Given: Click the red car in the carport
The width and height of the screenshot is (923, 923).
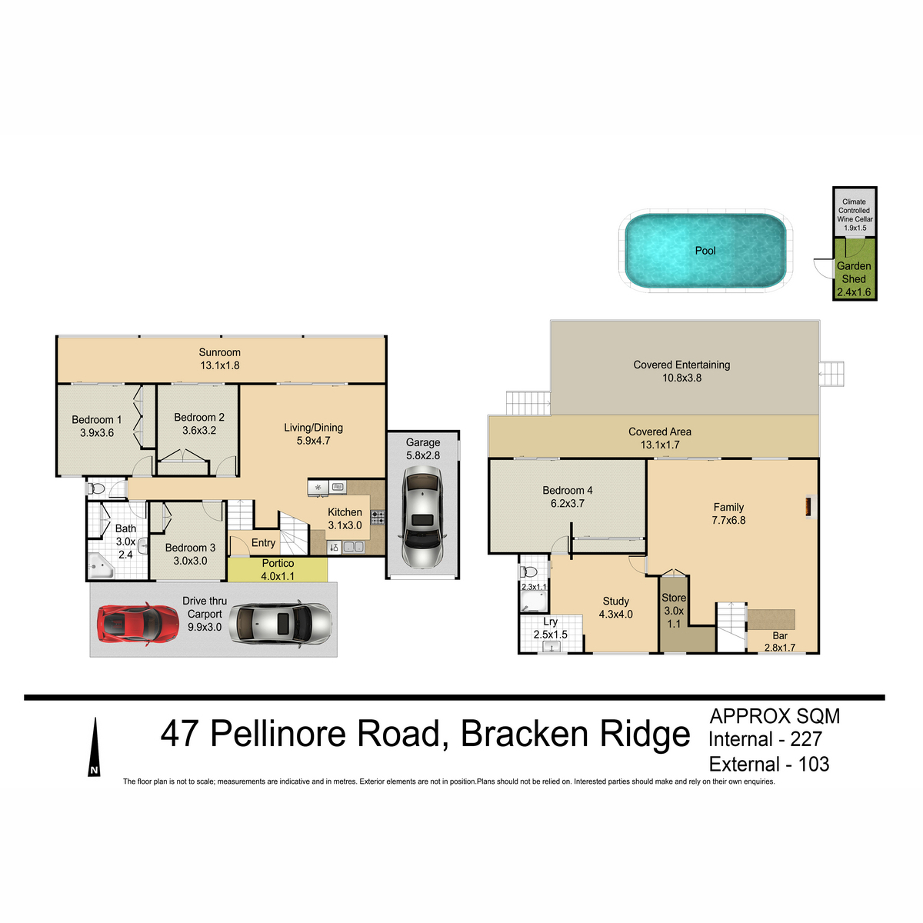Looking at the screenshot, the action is coord(138,623).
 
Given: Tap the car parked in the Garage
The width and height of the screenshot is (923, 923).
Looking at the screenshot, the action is coord(422,516).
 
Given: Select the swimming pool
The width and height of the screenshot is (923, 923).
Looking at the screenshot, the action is coord(705,251).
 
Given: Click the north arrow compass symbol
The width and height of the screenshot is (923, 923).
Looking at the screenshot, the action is coord(95,746).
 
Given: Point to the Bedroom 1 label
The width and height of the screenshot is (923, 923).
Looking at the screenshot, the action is coord(96,420).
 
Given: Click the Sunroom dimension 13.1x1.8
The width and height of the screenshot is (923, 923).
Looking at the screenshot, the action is coord(219,365).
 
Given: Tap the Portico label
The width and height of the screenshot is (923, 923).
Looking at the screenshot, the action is coord(278,563).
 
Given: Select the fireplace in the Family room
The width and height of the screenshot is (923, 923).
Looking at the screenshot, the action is coord(809,507).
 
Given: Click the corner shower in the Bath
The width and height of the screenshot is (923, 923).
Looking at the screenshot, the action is coord(101,566).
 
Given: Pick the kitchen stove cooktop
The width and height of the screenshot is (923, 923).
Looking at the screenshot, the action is coord(378,518).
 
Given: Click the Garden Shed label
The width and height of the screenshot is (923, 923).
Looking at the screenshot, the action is coord(854,272).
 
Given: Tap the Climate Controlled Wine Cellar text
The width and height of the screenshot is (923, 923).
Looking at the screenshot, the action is coord(855,210).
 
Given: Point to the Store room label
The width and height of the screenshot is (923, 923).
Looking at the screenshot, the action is coord(674,598).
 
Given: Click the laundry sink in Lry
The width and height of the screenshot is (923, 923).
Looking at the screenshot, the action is coord(551,647).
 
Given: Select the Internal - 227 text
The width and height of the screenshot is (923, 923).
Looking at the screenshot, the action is coord(765,739).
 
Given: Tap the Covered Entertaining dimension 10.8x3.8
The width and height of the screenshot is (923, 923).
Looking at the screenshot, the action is coord(681,378).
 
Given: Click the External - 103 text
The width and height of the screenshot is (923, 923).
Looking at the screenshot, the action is coord(768,764).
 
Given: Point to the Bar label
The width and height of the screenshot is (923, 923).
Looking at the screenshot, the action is coord(780,635).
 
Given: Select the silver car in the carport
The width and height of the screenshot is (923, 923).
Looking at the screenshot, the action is coord(280,624).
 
